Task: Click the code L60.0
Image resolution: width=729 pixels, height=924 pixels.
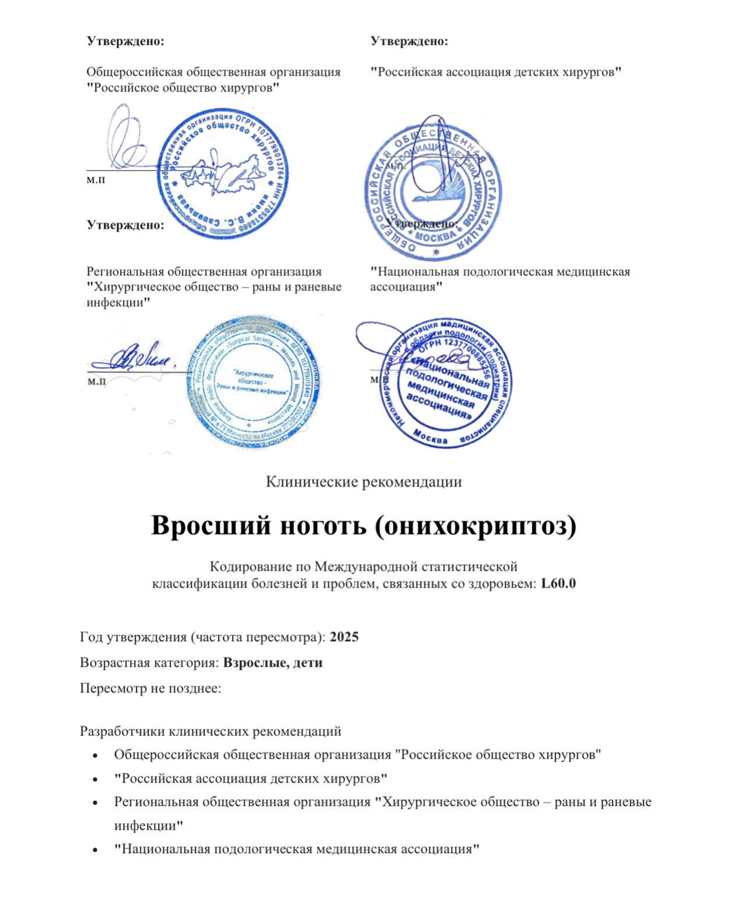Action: [558, 583]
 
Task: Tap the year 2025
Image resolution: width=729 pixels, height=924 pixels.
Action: [344, 636]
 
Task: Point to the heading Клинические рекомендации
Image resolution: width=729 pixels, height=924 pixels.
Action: [364, 482]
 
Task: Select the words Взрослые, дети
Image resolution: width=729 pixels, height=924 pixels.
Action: [273, 663]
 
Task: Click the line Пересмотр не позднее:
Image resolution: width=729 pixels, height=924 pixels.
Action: [150, 688]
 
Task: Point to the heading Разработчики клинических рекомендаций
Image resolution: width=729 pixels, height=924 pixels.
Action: [210, 731]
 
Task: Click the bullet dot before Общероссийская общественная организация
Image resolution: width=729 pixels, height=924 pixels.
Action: [95, 755]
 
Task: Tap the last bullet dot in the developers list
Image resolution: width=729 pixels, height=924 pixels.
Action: [95, 849]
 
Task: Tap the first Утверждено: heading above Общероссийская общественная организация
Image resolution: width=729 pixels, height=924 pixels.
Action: [125, 41]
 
